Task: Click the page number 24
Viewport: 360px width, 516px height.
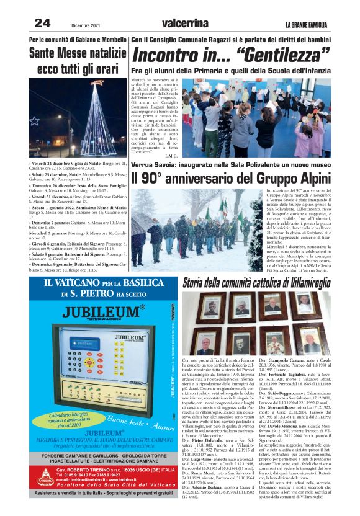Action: [x=42, y=24]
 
